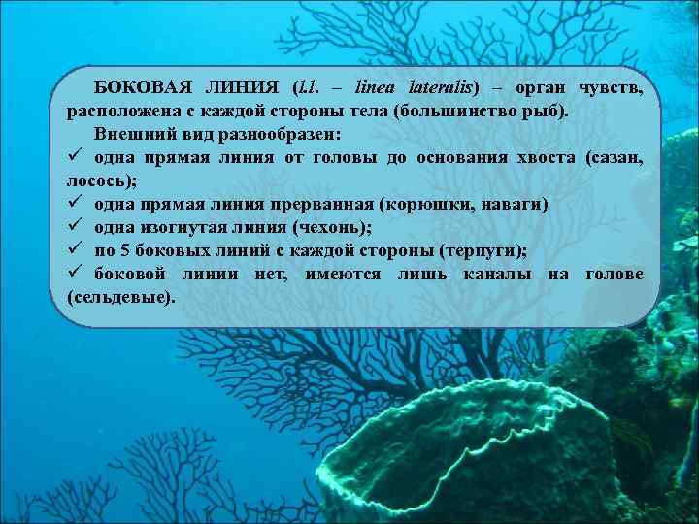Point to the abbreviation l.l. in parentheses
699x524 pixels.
point(312,88)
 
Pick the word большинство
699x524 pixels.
point(457,111)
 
